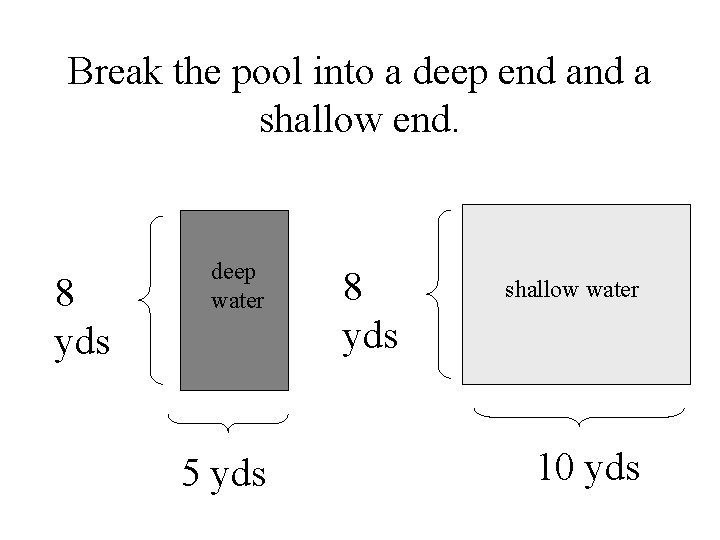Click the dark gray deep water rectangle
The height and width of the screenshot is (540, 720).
pos(234,340)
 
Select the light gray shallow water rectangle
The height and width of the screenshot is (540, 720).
pos(576,340)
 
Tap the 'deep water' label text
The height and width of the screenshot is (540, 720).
pos(236,285)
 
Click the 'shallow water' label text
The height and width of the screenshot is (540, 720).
pos(571,290)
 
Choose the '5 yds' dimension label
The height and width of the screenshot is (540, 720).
pos(224,472)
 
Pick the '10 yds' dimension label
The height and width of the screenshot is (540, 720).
pos(588,466)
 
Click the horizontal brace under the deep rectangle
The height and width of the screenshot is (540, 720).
pos(228,422)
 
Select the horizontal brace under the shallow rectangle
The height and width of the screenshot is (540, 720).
pos(578,416)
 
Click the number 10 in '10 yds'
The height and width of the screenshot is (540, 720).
pos(555,466)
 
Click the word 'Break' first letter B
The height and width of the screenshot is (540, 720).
pos(79,76)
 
